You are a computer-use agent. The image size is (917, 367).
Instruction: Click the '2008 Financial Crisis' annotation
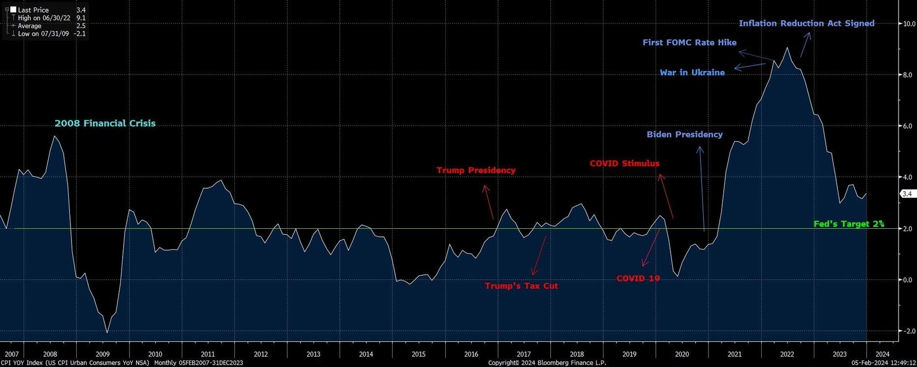[x=105, y=123]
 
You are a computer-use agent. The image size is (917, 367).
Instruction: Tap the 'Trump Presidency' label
[x=476, y=170]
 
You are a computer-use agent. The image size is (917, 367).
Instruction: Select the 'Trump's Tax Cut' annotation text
[x=521, y=286]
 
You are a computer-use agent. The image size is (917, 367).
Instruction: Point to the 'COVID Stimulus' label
[x=625, y=163]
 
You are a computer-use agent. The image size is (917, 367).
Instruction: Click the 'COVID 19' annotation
[x=638, y=279]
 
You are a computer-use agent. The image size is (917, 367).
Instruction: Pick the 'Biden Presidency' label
[x=684, y=134]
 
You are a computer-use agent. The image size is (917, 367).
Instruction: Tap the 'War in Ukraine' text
[x=692, y=73]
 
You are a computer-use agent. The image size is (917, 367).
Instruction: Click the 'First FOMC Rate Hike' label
[x=689, y=42]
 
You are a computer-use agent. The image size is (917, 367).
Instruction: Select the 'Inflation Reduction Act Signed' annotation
[x=806, y=24]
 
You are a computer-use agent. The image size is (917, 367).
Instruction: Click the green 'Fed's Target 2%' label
[x=849, y=224]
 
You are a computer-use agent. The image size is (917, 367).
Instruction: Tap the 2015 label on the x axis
[x=418, y=354]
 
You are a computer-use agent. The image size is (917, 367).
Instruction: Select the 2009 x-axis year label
[x=103, y=354]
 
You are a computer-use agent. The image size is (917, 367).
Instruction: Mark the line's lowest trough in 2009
[x=107, y=333]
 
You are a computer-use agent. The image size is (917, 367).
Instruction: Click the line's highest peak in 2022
[x=787, y=48]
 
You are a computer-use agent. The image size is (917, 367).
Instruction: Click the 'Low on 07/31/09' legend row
[x=50, y=34]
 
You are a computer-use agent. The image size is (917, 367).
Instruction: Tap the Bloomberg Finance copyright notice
[x=547, y=363]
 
